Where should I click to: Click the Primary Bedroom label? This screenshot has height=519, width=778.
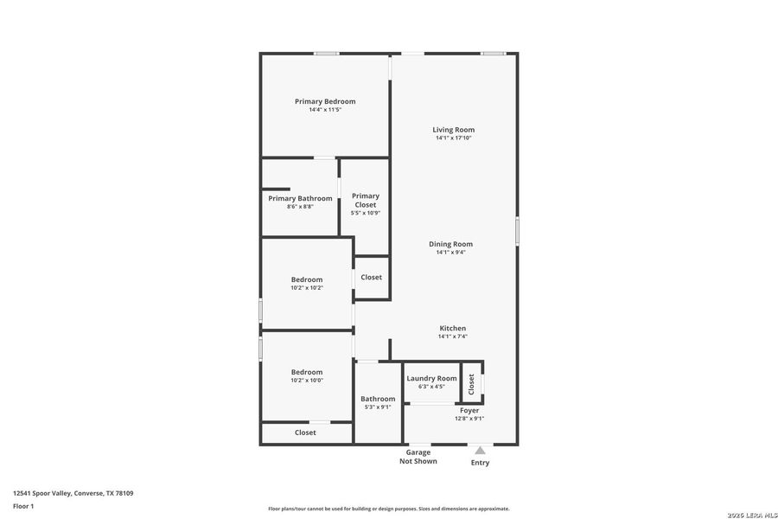[x=325, y=101]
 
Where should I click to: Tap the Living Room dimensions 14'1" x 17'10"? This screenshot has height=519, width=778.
[x=454, y=138]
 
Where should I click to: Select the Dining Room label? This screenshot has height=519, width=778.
[x=450, y=244]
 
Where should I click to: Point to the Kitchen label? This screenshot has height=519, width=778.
[x=453, y=328]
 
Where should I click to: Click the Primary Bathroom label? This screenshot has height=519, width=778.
[x=300, y=198]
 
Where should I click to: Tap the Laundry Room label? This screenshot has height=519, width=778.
[x=431, y=378]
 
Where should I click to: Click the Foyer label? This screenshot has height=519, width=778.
[x=469, y=410]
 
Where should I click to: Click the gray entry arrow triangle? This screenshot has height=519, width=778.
[x=480, y=450]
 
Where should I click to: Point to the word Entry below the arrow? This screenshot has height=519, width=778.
[x=480, y=463]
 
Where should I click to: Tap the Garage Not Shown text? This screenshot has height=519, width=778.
[x=418, y=457]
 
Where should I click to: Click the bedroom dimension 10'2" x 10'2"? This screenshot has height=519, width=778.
[x=307, y=287]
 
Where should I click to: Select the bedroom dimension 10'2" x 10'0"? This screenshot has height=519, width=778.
[x=307, y=380]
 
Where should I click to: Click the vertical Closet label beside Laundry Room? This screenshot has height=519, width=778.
[x=471, y=383]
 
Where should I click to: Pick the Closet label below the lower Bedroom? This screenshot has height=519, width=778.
[x=305, y=432]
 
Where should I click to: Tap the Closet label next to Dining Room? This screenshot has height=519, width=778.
[x=372, y=278]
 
